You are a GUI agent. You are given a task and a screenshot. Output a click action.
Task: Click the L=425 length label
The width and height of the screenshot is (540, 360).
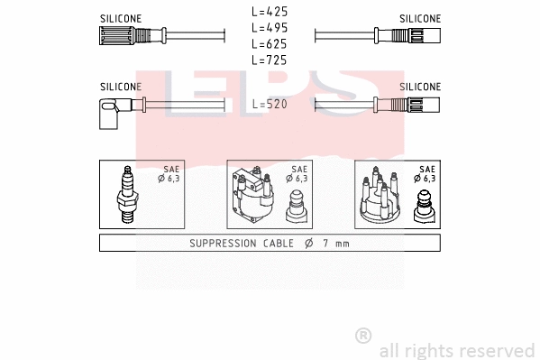(270, 12)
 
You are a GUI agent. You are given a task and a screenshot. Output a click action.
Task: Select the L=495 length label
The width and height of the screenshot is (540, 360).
(270, 28)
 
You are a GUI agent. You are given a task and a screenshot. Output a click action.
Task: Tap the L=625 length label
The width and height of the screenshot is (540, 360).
(270, 44)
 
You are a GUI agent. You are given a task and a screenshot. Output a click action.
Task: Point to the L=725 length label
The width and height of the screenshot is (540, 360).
(270, 60)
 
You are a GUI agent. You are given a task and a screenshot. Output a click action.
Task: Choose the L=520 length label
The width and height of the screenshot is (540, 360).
(270, 105)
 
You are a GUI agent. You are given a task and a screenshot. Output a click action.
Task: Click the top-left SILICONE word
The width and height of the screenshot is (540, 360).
(120, 18)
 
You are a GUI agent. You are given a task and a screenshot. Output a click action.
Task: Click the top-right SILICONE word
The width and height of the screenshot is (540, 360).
(420, 18)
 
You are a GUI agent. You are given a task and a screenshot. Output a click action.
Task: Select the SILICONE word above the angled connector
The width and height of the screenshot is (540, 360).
(120, 87)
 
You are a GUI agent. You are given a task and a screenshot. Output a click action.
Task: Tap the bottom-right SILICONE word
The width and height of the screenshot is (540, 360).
(420, 87)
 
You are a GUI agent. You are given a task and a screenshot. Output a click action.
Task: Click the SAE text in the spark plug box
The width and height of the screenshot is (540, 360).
(171, 169)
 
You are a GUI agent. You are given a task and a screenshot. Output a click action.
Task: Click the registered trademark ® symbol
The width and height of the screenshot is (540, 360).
(363, 336)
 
